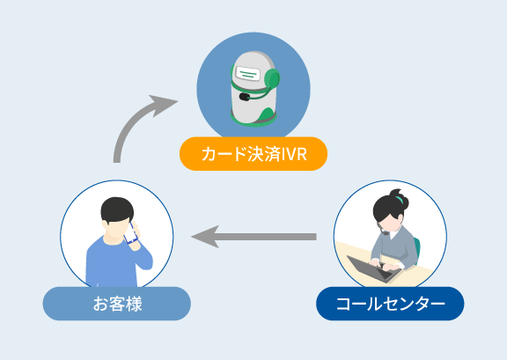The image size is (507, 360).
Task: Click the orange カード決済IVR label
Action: pos(253,154)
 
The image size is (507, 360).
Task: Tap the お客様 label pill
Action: pos(117,304)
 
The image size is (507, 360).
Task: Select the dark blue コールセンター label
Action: pos(390,304)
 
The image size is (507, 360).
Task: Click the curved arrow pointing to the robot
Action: pos(129,124)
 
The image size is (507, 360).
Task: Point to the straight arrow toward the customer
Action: pos(253,237)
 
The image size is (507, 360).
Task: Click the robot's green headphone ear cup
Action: pos(272,79)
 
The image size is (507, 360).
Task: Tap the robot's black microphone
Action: pos(244,97)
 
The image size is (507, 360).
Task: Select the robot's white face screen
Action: pos(248,73)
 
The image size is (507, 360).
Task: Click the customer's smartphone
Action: pos(131,233)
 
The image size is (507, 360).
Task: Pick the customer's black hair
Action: pos(117,209)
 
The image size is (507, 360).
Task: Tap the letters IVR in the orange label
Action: pos(294,154)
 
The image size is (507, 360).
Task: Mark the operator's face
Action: pos(390,223)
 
